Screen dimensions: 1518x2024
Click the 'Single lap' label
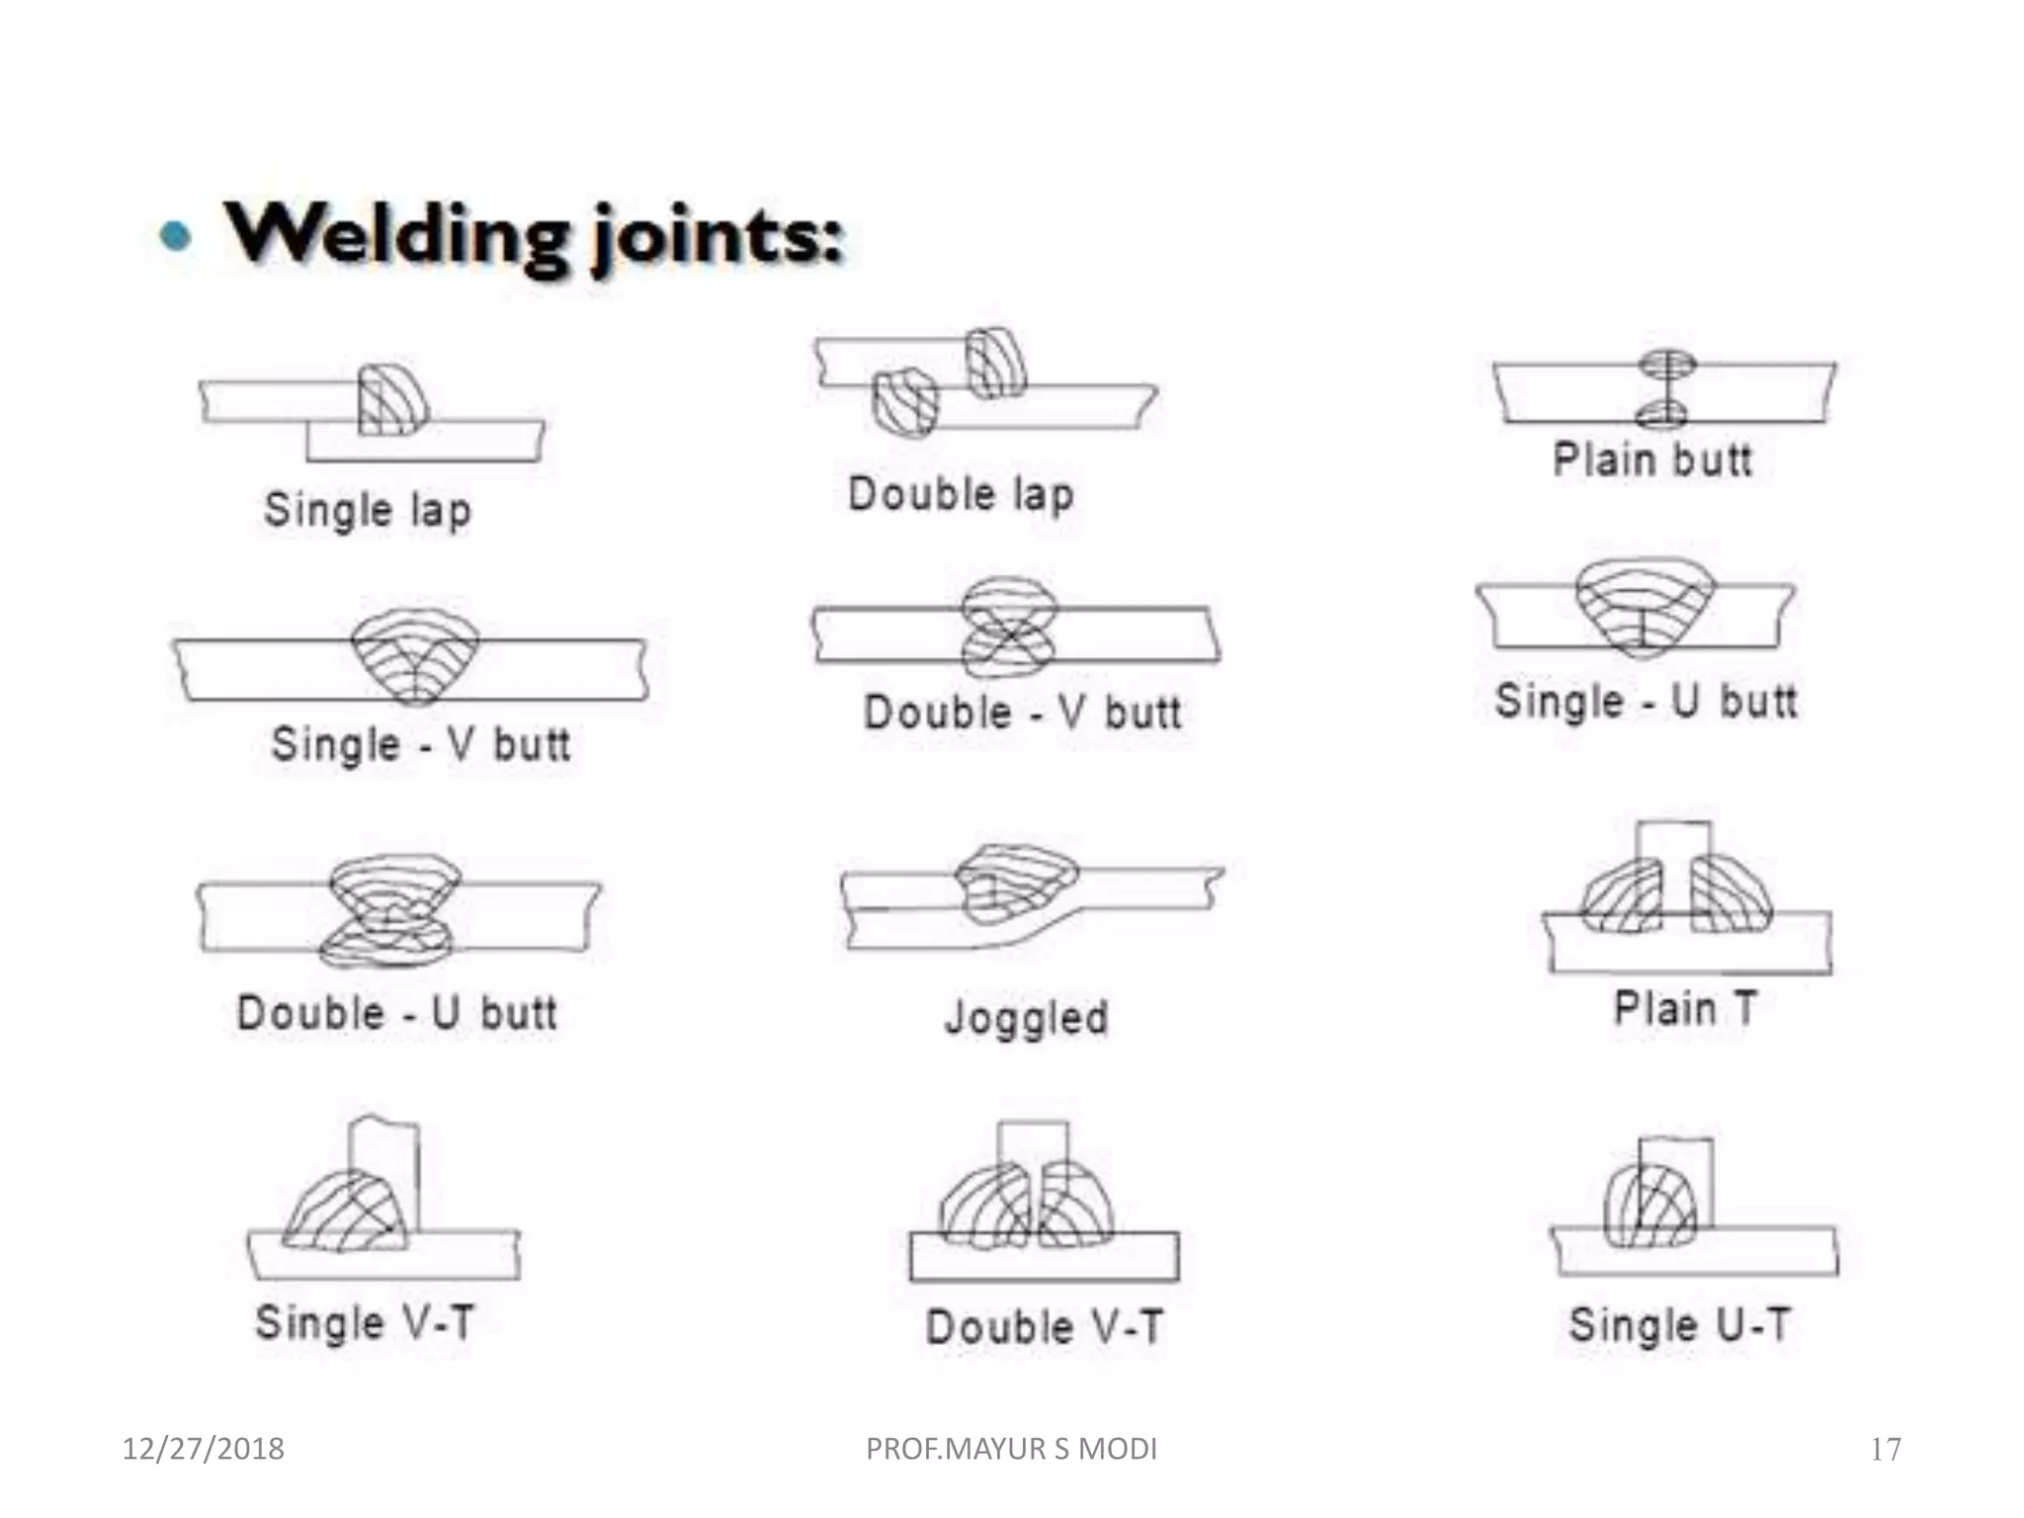point(368,511)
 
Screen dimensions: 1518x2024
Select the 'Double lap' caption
point(961,494)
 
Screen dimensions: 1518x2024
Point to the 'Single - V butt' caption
point(421,744)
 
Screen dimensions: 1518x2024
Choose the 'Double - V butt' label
point(1022,713)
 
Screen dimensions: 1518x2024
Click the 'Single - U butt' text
point(1645,702)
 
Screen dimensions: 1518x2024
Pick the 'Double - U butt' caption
point(397,1013)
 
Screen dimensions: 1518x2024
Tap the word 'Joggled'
point(1027,1018)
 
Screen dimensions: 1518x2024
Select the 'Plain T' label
point(1685,1009)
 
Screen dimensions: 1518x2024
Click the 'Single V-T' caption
point(365,1322)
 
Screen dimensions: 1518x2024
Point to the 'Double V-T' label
point(1044,1326)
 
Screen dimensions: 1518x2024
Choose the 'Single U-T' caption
point(1679,1325)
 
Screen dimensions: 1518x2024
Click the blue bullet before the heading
point(176,236)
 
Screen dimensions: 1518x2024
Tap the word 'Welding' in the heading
point(397,235)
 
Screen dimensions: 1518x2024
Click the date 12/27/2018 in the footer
point(203,1449)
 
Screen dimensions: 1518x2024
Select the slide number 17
point(1886,1450)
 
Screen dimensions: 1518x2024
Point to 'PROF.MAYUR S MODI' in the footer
point(1011,1449)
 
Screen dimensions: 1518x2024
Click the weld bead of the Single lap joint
point(391,400)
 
